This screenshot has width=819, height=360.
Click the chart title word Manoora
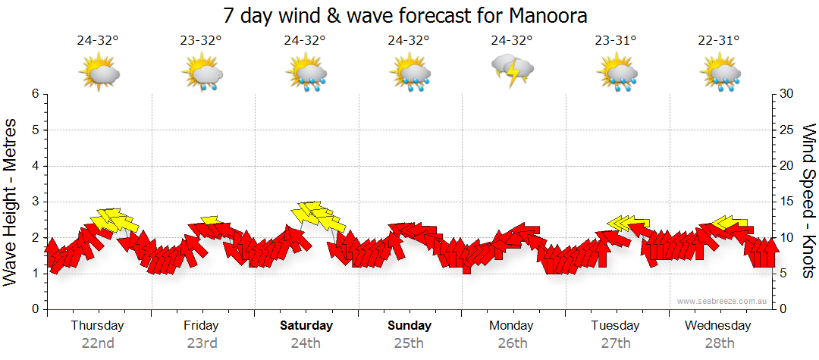coord(550,15)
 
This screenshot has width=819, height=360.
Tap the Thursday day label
coord(97,325)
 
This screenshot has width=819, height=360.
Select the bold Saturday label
coord(306,325)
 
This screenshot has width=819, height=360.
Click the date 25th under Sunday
coord(409,343)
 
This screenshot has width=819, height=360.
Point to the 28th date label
coord(720,343)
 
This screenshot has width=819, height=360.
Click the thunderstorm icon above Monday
coord(513,70)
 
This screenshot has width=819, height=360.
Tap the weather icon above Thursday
coord(99,73)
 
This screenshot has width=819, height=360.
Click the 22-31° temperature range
coord(720,41)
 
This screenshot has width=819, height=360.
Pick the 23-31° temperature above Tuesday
coord(616,41)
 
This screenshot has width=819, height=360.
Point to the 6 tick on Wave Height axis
coord(35,94)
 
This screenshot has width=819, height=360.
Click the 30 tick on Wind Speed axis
coord(786,94)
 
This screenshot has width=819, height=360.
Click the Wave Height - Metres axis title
coord(11,200)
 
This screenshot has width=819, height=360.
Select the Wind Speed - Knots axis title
coord(809,200)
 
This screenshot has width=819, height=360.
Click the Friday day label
coord(201,325)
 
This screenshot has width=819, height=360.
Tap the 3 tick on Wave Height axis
coord(35,202)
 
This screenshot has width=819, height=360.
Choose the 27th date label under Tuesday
coord(616,343)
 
